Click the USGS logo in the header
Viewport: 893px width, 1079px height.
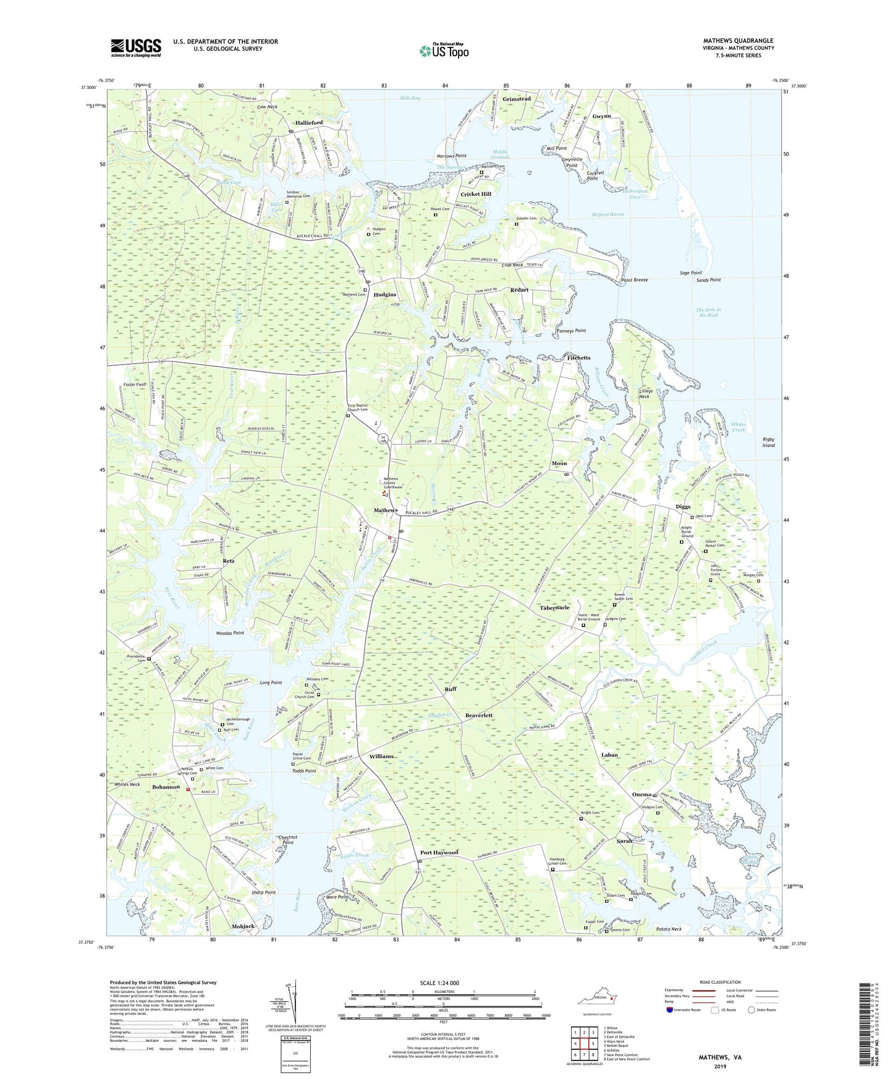pyautogui.click(x=136, y=48)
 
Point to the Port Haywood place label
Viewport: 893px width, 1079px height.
pyautogui.click(x=439, y=852)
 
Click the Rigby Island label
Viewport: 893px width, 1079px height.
pyautogui.click(x=768, y=442)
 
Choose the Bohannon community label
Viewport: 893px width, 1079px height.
pyautogui.click(x=166, y=787)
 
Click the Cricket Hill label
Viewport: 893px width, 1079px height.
pyautogui.click(x=476, y=194)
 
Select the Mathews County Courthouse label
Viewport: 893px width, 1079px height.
pyautogui.click(x=393, y=483)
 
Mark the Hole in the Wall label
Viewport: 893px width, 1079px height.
pyautogui.click(x=708, y=312)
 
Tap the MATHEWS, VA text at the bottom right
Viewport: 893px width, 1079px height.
pyautogui.click(x=720, y=1057)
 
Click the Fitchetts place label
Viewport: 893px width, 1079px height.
pyautogui.click(x=578, y=358)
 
